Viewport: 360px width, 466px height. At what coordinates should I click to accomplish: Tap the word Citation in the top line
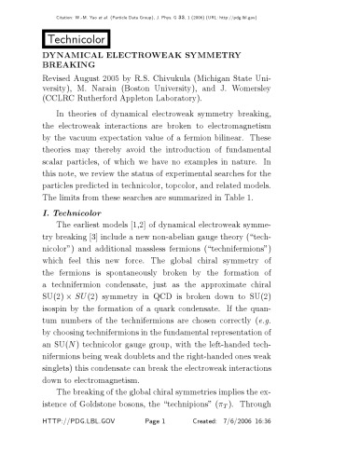(87, 8)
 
